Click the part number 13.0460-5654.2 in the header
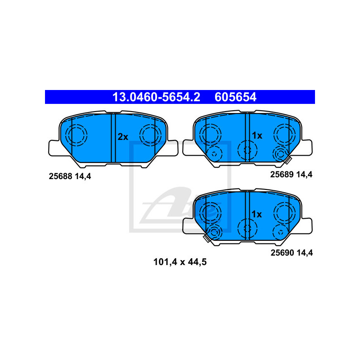pyautogui.click(x=156, y=97)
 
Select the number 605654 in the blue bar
pyautogui.click(x=236, y=97)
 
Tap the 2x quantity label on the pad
pyautogui.click(x=123, y=137)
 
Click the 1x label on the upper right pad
pyautogui.click(x=256, y=135)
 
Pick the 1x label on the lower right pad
pyautogui.click(x=256, y=214)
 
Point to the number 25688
pyautogui.click(x=60, y=177)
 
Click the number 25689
pyautogui.click(x=281, y=174)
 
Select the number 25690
pyautogui.click(x=282, y=253)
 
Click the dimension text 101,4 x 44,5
pyautogui.click(x=180, y=262)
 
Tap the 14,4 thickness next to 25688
pyautogui.click(x=84, y=177)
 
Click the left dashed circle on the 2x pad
pyautogui.click(x=76, y=135)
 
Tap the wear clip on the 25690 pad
pyautogui.click(x=207, y=238)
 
